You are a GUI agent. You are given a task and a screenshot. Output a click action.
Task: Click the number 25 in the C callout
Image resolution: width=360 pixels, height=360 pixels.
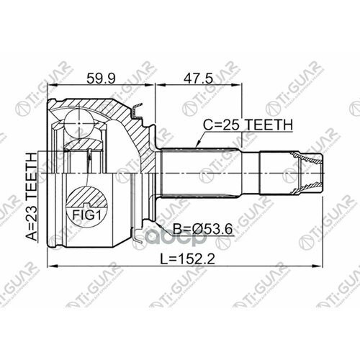point(234,125)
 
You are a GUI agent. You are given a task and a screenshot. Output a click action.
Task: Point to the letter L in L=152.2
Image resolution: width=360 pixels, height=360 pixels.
point(153,256)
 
